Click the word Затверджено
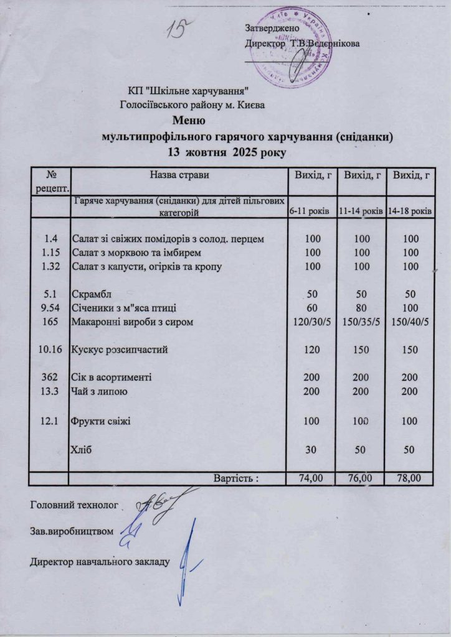273,28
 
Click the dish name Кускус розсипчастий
120,350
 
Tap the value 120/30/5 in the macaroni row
310,322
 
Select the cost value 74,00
310,478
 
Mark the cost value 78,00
409,478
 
